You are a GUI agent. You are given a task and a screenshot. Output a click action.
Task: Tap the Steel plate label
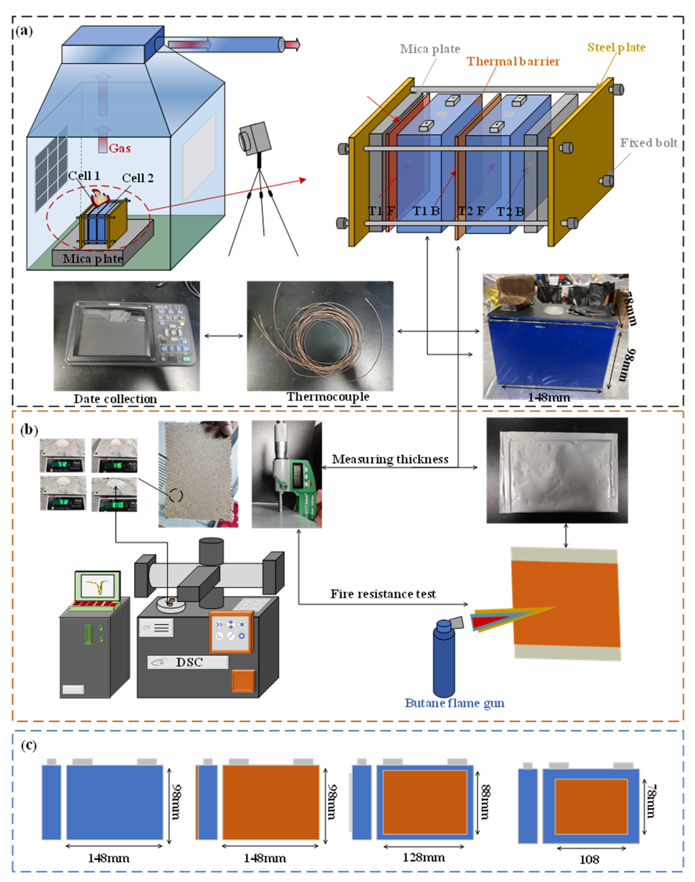[616, 48]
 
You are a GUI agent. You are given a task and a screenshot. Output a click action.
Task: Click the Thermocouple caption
[328, 397]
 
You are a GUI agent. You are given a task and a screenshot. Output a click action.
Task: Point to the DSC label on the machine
[189, 662]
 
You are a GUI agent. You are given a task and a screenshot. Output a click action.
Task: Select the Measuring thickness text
[390, 459]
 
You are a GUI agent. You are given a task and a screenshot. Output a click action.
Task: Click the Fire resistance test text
[383, 594]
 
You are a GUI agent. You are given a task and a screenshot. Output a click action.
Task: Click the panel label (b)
[29, 430]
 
